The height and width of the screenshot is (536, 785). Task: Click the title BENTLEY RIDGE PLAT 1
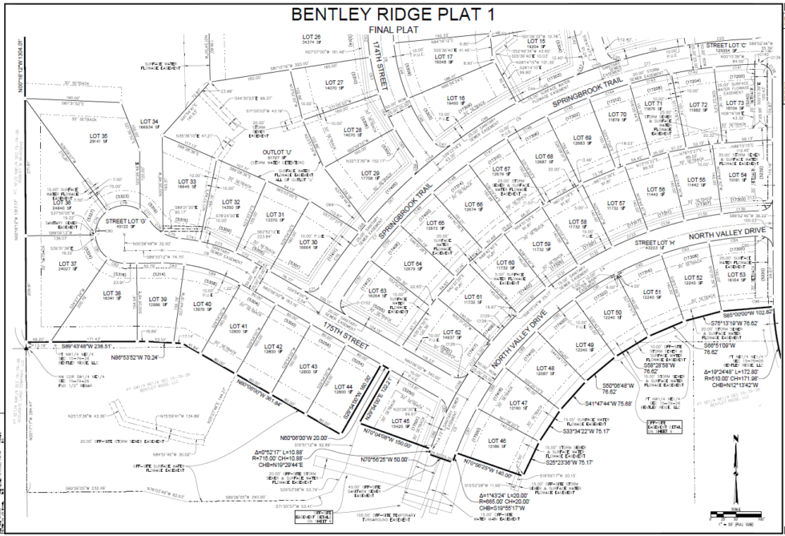point(392,14)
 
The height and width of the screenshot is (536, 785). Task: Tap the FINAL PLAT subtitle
point(392,30)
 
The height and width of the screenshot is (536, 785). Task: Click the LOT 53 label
point(737,275)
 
